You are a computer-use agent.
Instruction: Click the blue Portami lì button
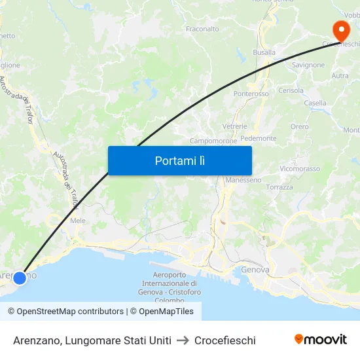pyautogui.click(x=179, y=160)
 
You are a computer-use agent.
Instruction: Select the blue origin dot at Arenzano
pyautogui.click(x=20, y=278)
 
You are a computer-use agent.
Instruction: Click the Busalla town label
pyautogui.click(x=264, y=52)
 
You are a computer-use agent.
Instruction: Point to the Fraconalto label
pyautogui.click(x=202, y=29)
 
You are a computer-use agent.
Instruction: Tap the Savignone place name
pyautogui.click(x=308, y=65)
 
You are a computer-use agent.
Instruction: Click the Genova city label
pyautogui.click(x=255, y=270)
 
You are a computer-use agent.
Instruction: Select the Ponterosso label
pyautogui.click(x=251, y=94)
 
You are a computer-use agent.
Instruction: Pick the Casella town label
pyautogui.click(x=315, y=103)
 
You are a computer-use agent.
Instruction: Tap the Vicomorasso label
pyautogui.click(x=299, y=168)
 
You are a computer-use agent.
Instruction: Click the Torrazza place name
pyautogui.click(x=279, y=187)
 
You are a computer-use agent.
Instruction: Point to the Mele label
pyautogui.click(x=77, y=221)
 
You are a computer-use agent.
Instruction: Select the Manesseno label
pyautogui.click(x=243, y=180)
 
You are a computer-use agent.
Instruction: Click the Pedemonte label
pyautogui.click(x=258, y=139)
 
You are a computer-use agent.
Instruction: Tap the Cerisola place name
pyautogui.click(x=291, y=90)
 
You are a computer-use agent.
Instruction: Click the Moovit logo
pyautogui.click(x=320, y=339)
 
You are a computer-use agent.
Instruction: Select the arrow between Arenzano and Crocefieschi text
pyautogui.click(x=183, y=340)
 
